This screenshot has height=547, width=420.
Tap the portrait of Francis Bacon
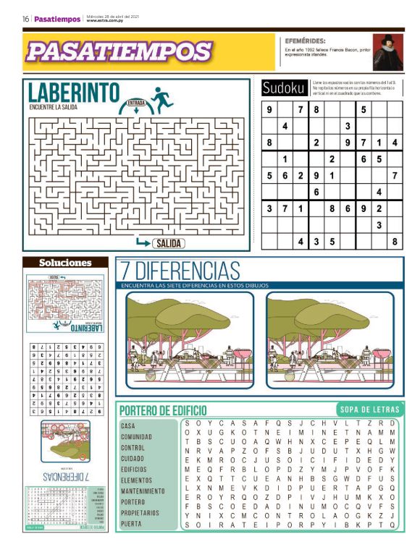[387, 51]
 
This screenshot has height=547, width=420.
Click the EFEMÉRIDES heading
[301, 41]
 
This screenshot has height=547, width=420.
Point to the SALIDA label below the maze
[167, 243]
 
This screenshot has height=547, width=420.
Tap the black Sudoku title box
[284, 88]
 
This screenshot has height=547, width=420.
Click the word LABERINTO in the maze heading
[73, 92]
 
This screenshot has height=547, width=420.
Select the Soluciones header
[65, 263]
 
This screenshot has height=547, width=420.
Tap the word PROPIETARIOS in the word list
[140, 513]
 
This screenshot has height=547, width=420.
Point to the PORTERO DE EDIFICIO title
[163, 410]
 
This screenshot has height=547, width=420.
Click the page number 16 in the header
[25, 19]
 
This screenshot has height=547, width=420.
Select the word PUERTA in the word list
[131, 524]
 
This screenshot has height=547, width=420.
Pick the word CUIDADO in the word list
[133, 459]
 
